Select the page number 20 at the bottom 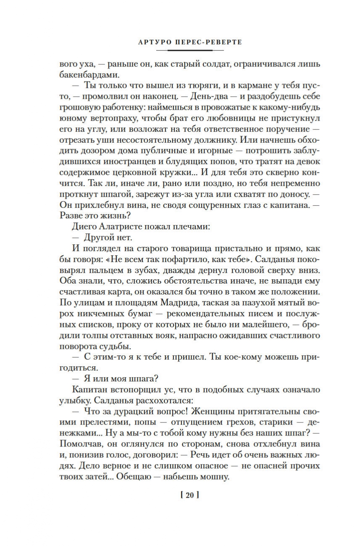click(x=189, y=496)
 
